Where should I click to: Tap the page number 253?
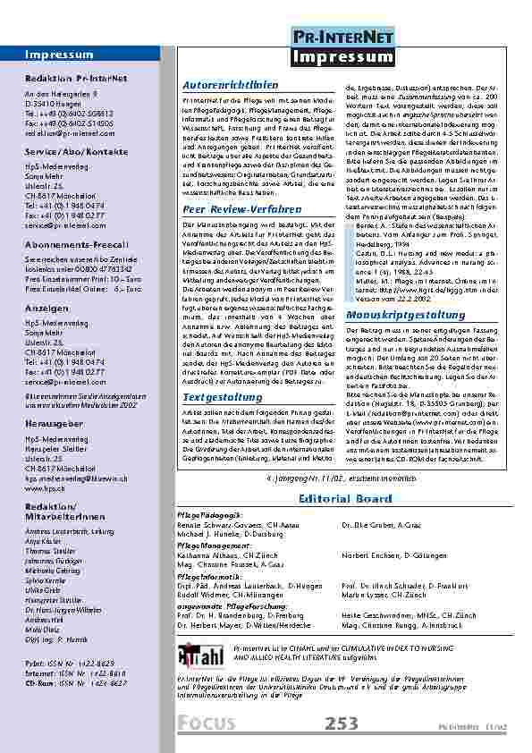[344, 723]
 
